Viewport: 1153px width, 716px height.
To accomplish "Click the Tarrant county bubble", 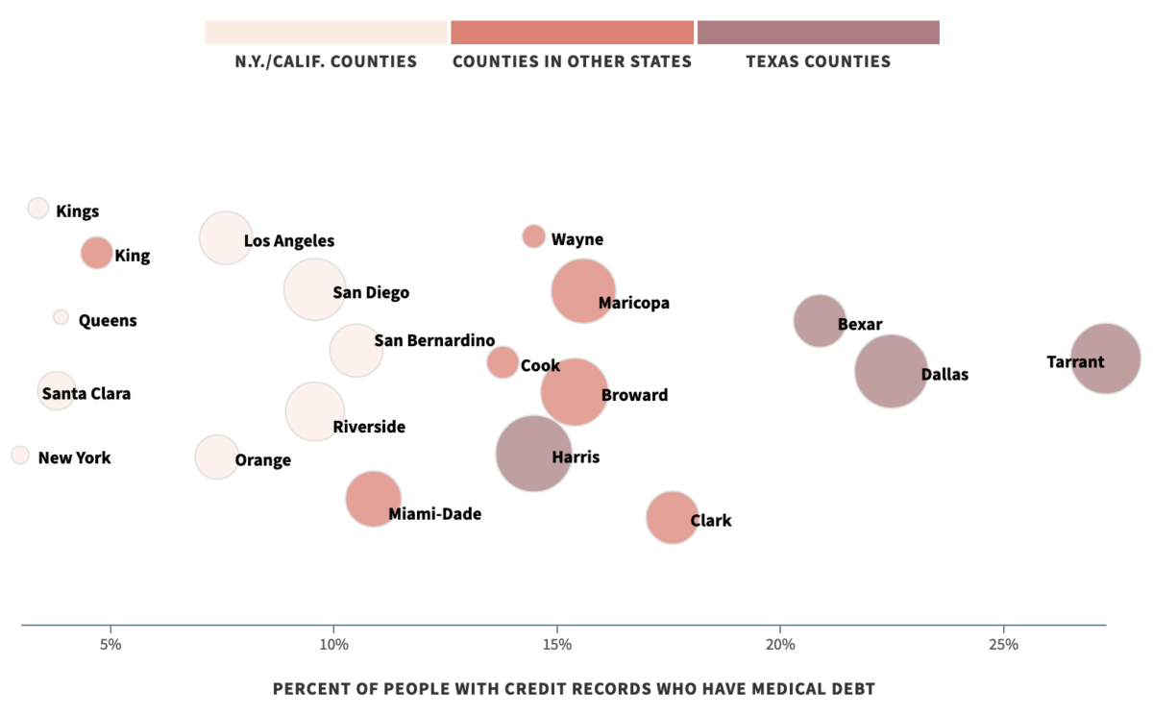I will point(1106,358).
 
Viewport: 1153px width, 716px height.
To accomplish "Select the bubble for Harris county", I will point(533,454).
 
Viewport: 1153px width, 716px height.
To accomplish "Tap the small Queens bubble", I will point(61,317).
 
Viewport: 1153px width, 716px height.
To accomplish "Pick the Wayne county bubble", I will point(533,236).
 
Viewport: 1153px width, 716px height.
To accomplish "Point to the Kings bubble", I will point(38,208).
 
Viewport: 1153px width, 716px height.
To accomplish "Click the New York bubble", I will point(20,455).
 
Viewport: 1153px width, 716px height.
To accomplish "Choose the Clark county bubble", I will point(672,517).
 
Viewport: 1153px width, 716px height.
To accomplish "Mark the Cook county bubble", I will point(503,362).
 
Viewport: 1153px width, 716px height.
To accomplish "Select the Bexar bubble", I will point(820,321).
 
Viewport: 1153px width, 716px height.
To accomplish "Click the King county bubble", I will point(96,253).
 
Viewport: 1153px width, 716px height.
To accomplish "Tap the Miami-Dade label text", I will point(434,515).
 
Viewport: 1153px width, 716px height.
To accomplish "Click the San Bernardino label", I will point(434,340).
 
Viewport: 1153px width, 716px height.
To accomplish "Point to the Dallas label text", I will point(944,375).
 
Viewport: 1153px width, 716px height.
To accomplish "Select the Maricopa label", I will point(633,304).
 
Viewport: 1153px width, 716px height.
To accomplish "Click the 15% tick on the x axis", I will point(556,644).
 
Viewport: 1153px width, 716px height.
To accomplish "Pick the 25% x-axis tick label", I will point(1002,644).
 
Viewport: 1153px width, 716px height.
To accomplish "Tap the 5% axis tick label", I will point(110,644).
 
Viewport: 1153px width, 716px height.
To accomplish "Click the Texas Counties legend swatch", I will point(818,32).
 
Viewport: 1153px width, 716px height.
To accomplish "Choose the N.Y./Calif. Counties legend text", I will point(326,62).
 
